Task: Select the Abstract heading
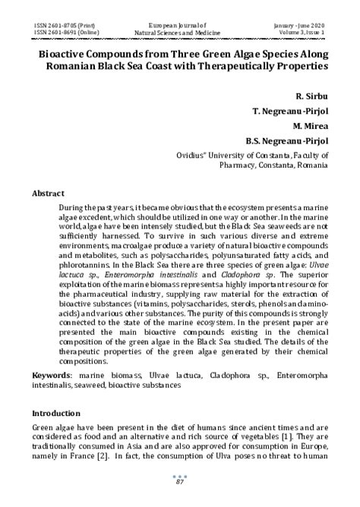point(47,194)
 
